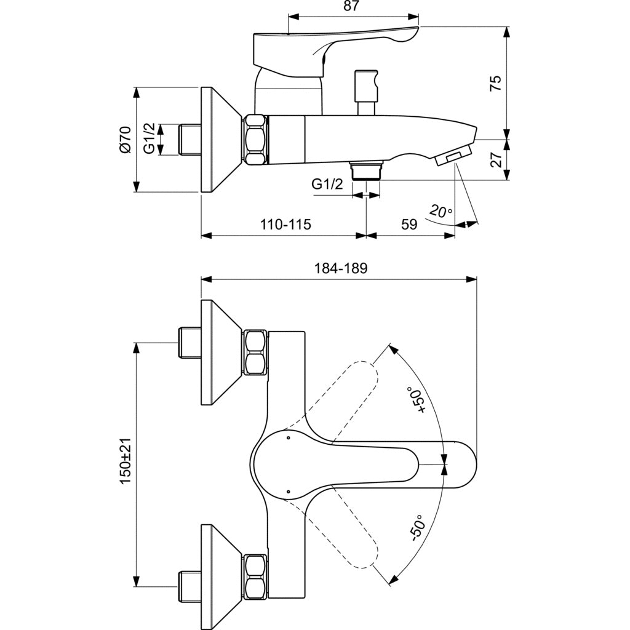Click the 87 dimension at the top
[x=351, y=6]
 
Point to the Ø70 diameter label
[x=125, y=139]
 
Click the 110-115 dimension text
[x=285, y=225]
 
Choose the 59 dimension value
[x=410, y=225]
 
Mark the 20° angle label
[x=441, y=212]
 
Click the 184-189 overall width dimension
[x=340, y=268]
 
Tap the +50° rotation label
[x=421, y=401]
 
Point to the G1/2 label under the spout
[x=327, y=184]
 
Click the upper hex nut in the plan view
[x=255, y=353]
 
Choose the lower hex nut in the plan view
[x=255, y=575]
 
